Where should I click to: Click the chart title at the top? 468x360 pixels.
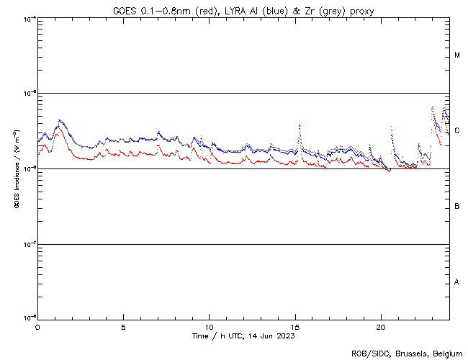(x=243, y=11)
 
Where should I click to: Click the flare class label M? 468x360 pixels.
(x=457, y=55)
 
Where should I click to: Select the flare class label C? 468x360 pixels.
(x=457, y=131)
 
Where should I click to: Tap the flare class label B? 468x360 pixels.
(x=457, y=207)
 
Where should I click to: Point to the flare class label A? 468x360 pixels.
(x=457, y=282)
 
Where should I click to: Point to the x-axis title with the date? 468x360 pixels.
(x=243, y=336)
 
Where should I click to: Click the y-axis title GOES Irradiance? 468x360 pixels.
(x=15, y=168)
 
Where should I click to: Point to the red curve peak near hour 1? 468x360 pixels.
(x=58, y=127)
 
